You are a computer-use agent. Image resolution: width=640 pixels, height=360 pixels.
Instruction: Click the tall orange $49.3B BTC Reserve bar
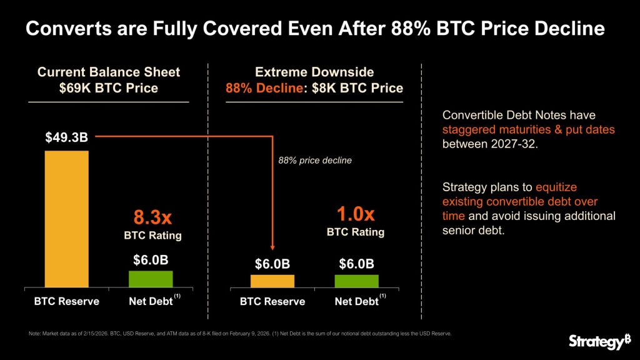pos(67,219)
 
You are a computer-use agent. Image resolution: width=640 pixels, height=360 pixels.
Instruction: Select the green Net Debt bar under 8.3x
pos(151,279)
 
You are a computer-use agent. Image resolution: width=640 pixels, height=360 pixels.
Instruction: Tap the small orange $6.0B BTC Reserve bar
pos(272,281)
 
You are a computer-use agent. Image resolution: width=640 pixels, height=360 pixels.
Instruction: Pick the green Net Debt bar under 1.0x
pos(357,281)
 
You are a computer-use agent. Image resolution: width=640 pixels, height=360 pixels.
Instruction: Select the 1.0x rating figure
pos(356,214)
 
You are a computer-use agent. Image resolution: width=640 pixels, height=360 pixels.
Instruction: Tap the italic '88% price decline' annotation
pos(315,161)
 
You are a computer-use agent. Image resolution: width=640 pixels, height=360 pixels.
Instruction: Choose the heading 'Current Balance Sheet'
pos(109,72)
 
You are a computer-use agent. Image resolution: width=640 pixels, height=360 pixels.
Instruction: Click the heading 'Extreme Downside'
pos(314,72)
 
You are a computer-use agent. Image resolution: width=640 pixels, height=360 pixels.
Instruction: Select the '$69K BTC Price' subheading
pos(109,88)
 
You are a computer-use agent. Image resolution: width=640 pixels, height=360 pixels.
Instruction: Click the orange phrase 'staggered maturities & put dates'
pos(529,131)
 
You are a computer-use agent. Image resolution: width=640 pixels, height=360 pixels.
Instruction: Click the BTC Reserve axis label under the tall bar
pos(66,301)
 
